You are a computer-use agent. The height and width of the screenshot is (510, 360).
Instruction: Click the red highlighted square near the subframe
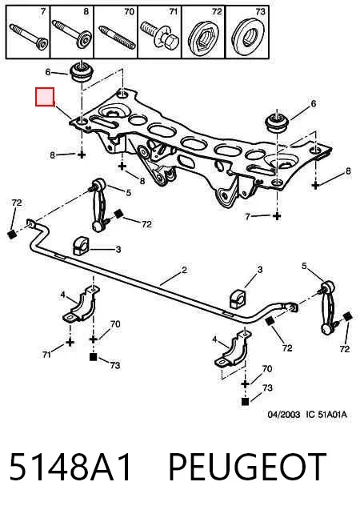(45, 97)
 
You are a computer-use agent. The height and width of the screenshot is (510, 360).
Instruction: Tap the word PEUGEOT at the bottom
(247, 467)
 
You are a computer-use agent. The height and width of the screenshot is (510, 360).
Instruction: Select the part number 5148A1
(70, 467)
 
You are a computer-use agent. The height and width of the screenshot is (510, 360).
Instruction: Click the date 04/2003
(284, 415)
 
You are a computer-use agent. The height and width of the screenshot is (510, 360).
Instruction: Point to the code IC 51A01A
(326, 415)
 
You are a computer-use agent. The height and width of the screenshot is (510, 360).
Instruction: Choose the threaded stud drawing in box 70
(117, 37)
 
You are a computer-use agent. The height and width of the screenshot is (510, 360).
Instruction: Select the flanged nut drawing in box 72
(203, 35)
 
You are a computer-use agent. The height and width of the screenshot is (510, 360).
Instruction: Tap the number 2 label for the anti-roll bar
(184, 270)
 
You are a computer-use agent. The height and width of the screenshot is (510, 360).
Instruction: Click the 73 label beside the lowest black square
(267, 388)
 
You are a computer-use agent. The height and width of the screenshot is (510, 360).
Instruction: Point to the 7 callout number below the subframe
(248, 216)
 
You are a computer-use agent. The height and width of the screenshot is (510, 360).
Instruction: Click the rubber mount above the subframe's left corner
(82, 73)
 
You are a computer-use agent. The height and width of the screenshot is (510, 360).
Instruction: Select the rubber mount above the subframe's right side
(277, 122)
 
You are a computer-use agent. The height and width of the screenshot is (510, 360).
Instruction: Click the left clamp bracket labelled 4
(81, 304)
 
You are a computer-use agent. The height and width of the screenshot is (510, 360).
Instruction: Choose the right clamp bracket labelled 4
(234, 350)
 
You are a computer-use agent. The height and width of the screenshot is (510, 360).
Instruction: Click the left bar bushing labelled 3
(80, 247)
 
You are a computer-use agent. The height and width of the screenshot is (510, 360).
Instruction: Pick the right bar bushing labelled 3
(238, 299)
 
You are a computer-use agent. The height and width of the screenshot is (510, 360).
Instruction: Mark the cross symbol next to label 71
(70, 342)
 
